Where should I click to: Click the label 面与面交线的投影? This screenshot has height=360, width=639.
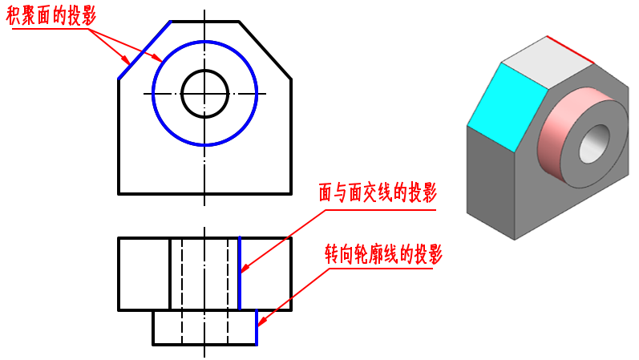[x=376, y=193]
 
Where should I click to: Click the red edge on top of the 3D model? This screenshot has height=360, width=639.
[x=570, y=49]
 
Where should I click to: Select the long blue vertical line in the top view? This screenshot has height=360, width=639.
[x=240, y=273]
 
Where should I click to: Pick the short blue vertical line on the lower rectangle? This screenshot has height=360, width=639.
[x=257, y=326]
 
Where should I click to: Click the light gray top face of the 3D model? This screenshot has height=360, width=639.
[x=544, y=59]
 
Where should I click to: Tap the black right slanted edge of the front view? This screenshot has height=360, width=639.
[x=265, y=50]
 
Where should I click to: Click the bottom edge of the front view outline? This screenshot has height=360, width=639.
[x=204, y=193]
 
